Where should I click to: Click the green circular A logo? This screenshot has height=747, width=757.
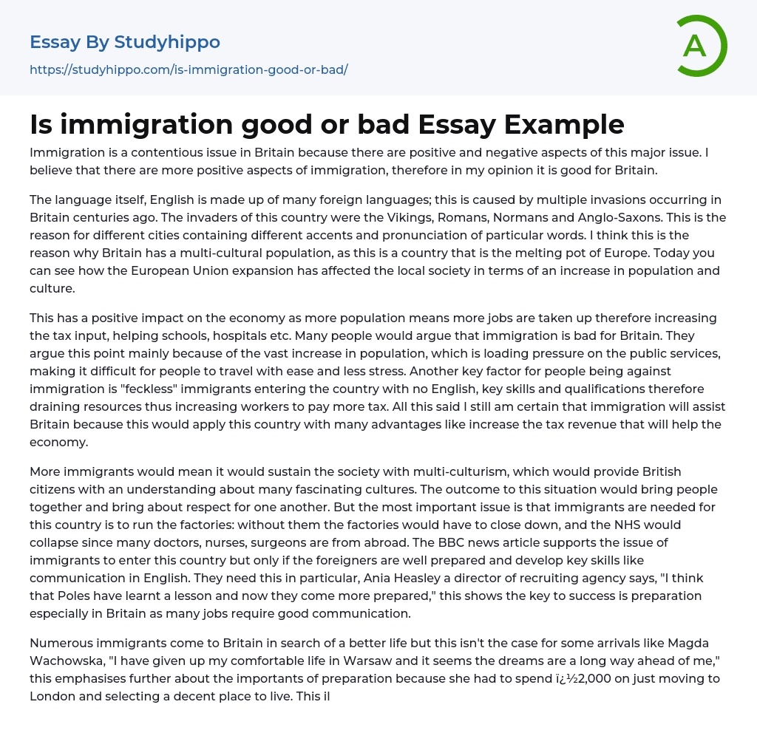(701, 46)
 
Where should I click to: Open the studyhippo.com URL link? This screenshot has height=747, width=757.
(189, 69)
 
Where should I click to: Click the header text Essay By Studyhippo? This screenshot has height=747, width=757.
(125, 42)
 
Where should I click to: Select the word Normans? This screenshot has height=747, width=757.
(544, 219)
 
